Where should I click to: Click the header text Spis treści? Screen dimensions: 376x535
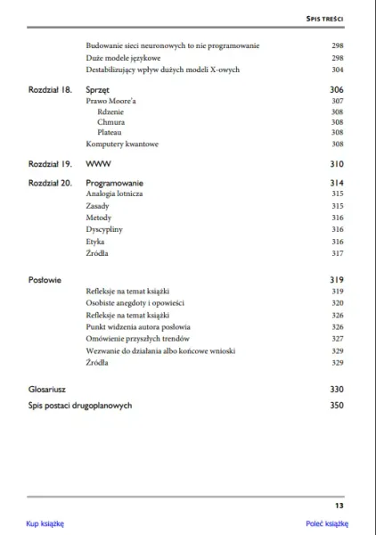click(x=325, y=18)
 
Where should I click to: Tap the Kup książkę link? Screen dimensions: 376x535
click(x=45, y=523)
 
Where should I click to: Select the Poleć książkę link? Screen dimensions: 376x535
click(x=324, y=523)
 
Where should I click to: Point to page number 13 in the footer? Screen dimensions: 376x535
click(x=339, y=506)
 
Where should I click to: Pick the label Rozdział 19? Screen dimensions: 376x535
click(x=50, y=164)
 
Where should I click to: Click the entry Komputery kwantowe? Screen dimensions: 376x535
click(x=122, y=144)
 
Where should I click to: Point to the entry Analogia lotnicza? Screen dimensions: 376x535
click(x=115, y=193)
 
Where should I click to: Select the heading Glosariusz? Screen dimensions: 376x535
click(x=50, y=390)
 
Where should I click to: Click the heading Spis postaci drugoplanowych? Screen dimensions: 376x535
click(x=80, y=406)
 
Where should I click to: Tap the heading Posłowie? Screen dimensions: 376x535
click(x=44, y=280)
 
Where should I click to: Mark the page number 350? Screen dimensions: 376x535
click(x=336, y=406)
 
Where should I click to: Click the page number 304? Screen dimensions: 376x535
click(x=337, y=69)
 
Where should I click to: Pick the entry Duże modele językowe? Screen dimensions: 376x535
click(x=123, y=57)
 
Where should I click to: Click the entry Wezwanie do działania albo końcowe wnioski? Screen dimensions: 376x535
click(x=160, y=351)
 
